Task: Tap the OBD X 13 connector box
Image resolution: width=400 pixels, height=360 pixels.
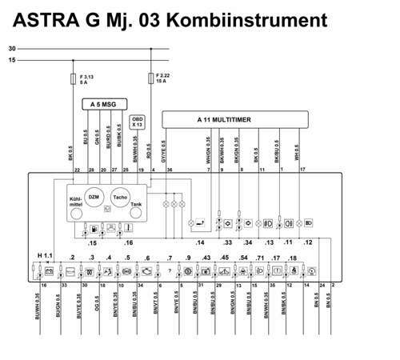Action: coord(137,122)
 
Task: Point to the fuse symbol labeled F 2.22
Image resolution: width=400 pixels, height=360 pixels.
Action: coord(151,79)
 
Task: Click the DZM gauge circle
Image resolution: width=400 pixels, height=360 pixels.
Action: coord(93,198)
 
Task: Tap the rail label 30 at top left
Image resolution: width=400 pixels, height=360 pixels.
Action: coord(12,49)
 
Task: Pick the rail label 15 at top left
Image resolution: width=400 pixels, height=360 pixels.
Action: coord(12,60)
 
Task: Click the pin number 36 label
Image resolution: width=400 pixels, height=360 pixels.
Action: coord(169,170)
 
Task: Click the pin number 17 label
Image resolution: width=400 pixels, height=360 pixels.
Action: coord(302,170)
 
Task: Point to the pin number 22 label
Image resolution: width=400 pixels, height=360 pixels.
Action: coord(77,170)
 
